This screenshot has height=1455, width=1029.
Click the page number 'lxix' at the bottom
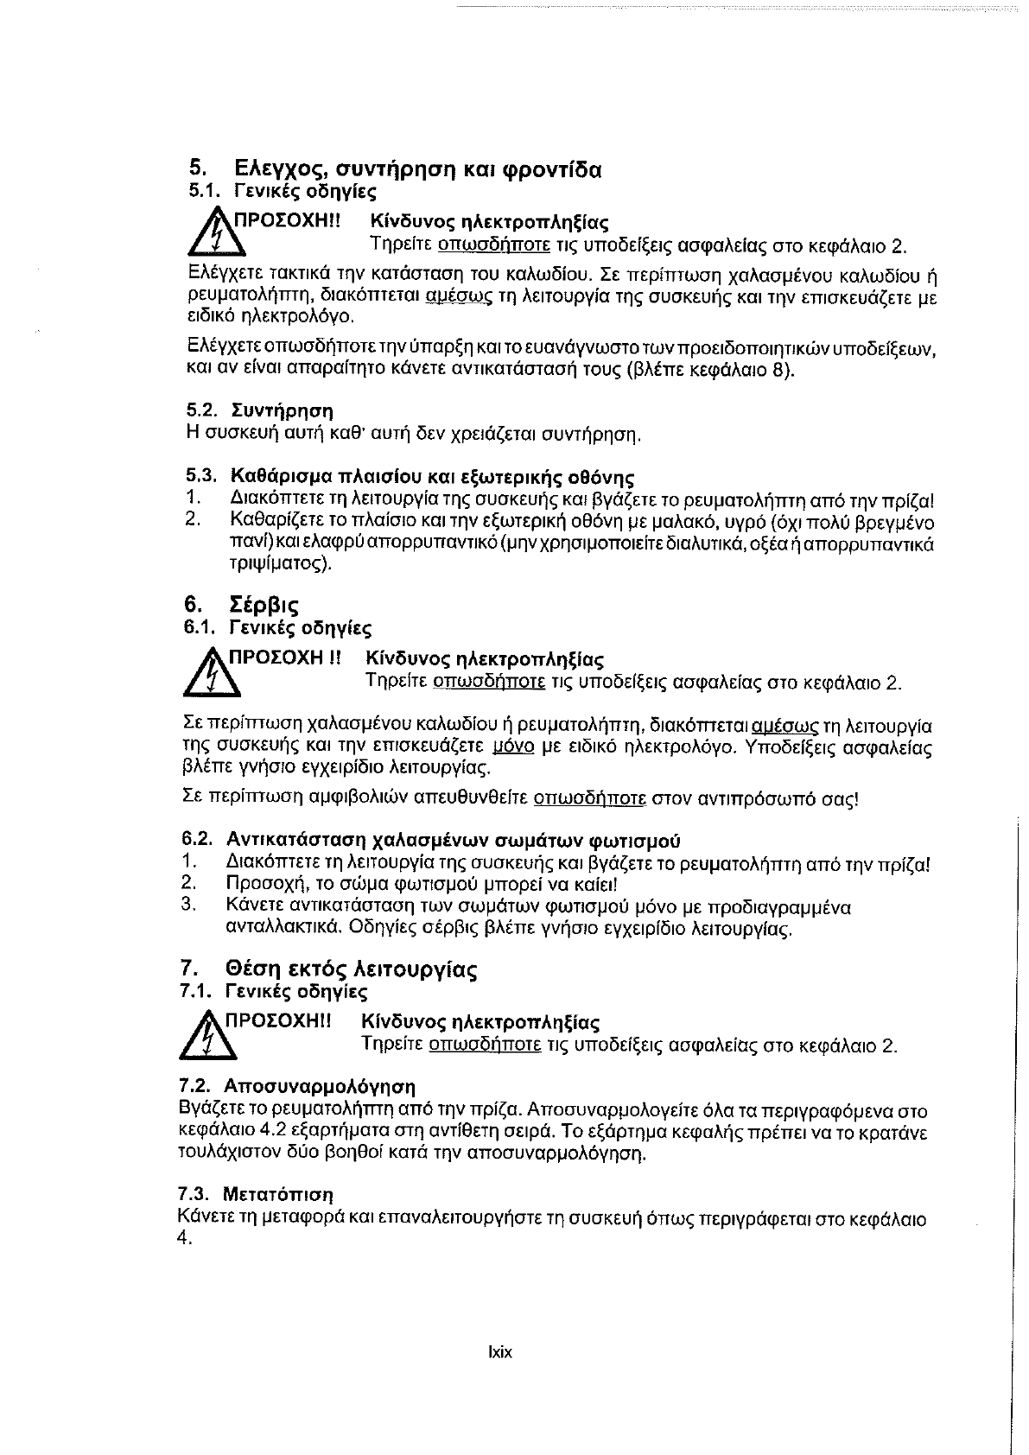tap(500, 1352)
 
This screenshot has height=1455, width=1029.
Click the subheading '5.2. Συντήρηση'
tap(260, 410)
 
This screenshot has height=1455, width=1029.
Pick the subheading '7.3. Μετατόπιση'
tap(255, 1195)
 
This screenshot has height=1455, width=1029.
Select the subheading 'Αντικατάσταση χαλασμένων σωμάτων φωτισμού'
tap(453, 840)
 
